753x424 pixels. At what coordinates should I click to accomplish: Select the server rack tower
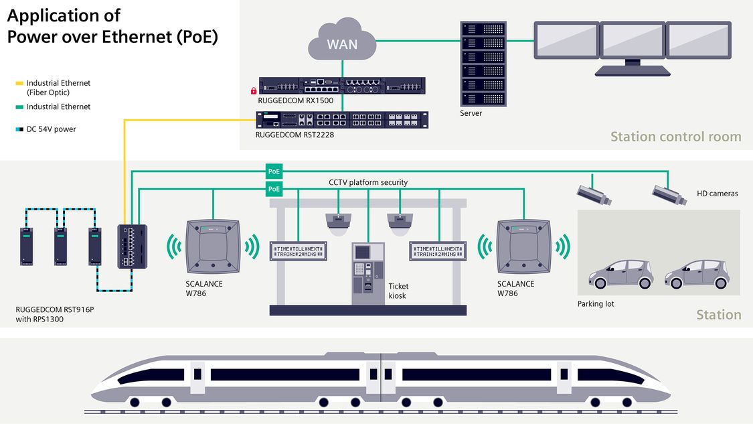[x=483, y=63]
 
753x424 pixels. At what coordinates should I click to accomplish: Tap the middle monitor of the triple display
[x=631, y=42]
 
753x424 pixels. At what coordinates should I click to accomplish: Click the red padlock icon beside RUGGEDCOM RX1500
[x=254, y=90]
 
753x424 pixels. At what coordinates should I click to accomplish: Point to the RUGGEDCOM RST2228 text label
[x=295, y=135]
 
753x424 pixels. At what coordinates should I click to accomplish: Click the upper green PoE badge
[x=274, y=170]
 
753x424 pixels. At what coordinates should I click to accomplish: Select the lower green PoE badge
[x=274, y=189]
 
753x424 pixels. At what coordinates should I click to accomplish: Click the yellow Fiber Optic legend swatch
[x=19, y=84]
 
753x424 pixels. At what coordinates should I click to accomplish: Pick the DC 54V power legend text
[x=51, y=129]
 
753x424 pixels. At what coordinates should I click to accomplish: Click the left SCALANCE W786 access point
[x=213, y=246]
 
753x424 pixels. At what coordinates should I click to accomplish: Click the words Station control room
[x=675, y=137]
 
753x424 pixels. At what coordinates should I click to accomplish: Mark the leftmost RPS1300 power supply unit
[x=26, y=246]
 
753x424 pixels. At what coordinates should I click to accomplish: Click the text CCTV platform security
[x=367, y=182]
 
